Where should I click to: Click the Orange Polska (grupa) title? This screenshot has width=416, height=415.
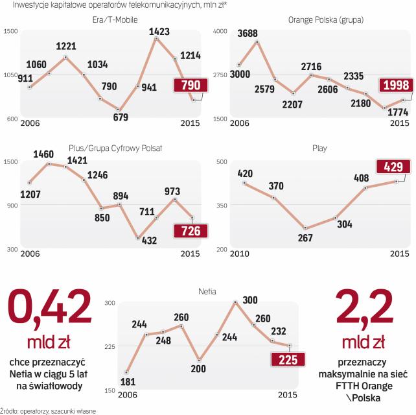tap(325, 19)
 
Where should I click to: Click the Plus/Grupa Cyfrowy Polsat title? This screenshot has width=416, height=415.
tap(115, 148)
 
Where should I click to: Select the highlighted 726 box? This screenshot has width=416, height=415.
tap(187, 231)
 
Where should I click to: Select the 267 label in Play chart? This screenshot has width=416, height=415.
tap(304, 237)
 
